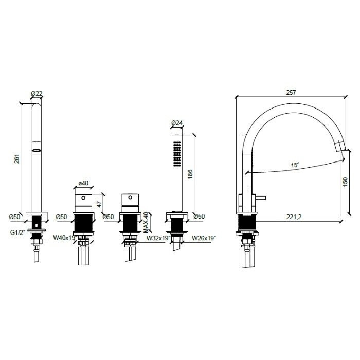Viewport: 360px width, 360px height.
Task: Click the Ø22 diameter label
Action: tap(37, 93)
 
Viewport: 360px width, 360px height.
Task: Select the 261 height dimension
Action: tap(16, 159)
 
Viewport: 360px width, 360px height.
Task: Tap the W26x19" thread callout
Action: tap(204, 238)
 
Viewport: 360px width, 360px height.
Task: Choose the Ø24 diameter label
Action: tap(176, 122)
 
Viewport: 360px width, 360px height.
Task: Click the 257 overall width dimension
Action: tap(291, 92)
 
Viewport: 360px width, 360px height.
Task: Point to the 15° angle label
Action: tap(295, 165)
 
